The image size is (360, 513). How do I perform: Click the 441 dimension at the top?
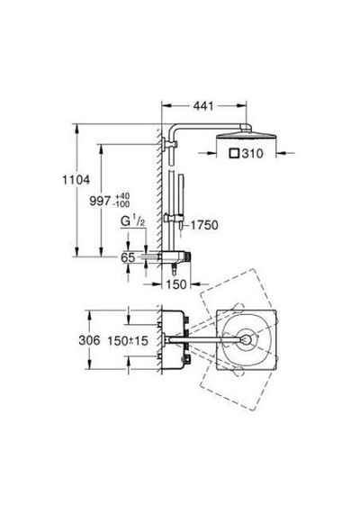[x=203, y=105]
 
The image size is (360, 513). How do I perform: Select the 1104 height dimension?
[x=76, y=180]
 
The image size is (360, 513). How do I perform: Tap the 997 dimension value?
[x=100, y=201]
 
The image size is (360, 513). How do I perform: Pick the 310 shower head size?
[x=252, y=153]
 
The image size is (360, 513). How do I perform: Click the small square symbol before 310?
[x=234, y=153]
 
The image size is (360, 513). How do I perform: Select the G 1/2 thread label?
[x=132, y=221]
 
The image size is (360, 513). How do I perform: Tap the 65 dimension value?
[x=128, y=257]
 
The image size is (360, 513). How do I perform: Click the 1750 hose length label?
[x=204, y=225]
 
